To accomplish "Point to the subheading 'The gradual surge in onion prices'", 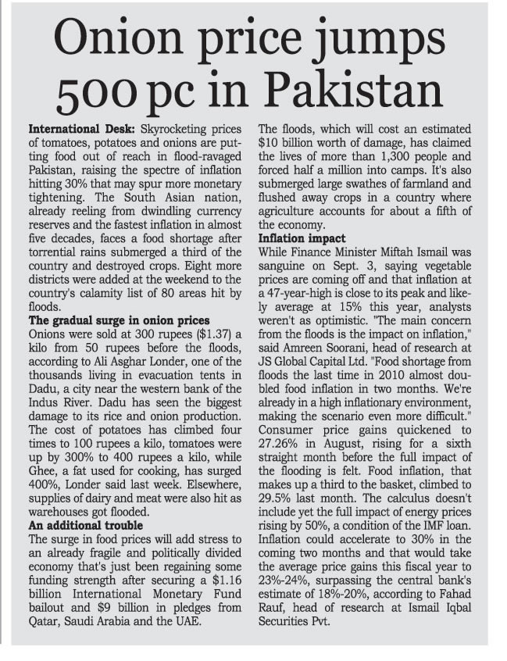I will (118, 321).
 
